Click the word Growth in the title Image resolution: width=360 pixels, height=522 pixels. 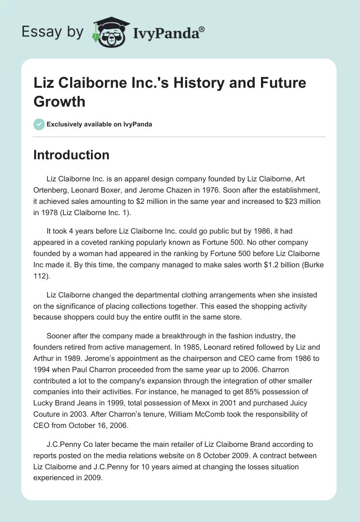59,101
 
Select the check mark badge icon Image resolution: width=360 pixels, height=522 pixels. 39,124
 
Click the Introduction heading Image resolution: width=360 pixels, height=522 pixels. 72,155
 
